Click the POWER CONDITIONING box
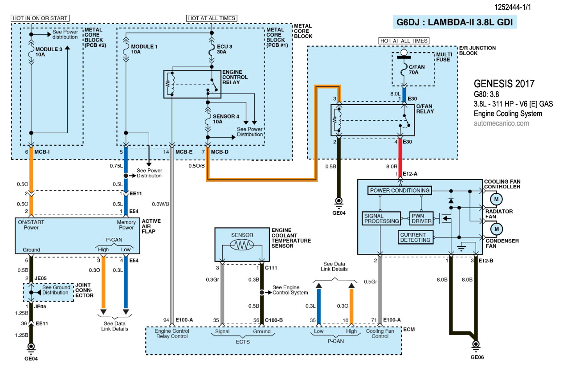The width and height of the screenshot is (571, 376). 400,191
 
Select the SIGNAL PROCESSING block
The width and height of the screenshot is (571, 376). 381,218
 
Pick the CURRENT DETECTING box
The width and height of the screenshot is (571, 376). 415,237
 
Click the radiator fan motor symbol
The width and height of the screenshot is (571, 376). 496,198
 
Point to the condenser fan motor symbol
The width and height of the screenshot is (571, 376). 496,229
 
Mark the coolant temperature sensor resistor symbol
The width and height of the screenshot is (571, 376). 242,245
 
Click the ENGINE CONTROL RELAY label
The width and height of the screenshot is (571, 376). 235,77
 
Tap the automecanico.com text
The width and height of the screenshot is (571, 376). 501,123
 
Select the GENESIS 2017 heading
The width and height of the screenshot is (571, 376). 504,84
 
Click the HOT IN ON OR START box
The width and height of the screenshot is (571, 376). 40,18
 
